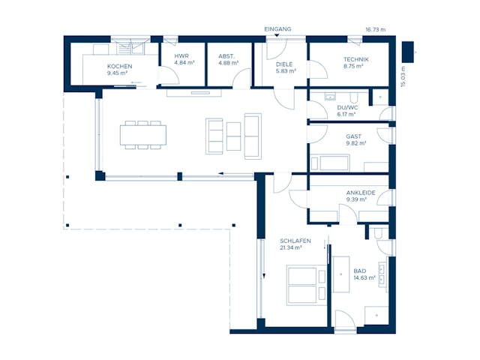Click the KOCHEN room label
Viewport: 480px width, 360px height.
119,67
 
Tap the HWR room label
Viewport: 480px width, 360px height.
181,56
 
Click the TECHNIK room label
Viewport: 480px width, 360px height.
355,59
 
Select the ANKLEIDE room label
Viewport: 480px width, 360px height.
360,193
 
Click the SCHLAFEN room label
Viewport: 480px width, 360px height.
295,241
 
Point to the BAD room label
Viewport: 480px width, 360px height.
359,271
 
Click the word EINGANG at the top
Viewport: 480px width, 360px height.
277,29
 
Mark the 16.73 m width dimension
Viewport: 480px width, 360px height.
375,29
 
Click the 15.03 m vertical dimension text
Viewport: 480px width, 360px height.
403,76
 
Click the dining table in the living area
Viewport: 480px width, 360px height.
143,134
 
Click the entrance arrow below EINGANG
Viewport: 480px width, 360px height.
277,37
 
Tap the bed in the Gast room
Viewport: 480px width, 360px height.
330,162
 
